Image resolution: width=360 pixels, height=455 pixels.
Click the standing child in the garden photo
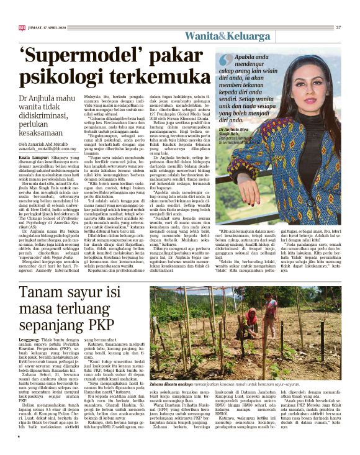[x=271, y=310]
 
